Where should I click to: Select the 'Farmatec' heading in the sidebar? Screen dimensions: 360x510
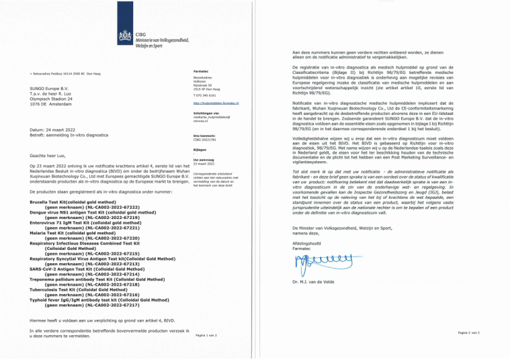click(201, 70)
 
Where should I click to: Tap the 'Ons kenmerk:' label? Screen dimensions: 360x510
click(204, 136)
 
